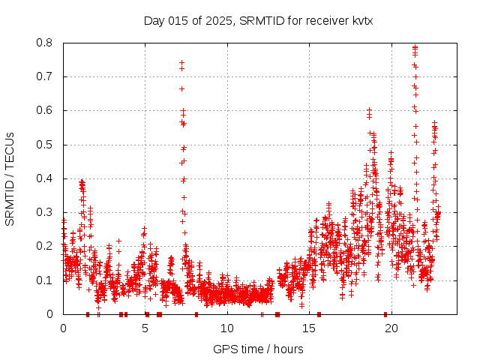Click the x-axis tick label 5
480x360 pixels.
[145, 328]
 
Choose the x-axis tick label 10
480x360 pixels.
[227, 328]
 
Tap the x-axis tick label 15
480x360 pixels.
[310, 328]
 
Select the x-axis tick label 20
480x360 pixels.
[391, 328]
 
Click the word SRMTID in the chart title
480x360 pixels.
[259, 20]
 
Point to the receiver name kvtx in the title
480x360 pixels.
[363, 20]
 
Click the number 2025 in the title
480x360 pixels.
[220, 20]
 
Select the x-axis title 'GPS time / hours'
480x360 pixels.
[258, 349]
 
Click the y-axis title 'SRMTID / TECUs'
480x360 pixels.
[10, 178]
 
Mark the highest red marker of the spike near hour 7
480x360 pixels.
[181, 63]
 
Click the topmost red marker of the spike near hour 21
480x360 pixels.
[415, 47]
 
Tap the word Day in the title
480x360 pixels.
[154, 20]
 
